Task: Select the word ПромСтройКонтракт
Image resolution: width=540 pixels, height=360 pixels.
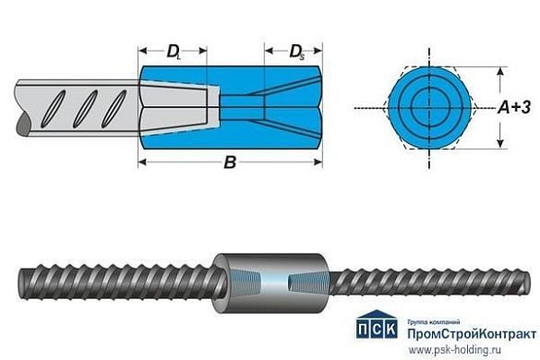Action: [x=467, y=329]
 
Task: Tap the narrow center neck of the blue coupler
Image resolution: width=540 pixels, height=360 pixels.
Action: [x=242, y=107]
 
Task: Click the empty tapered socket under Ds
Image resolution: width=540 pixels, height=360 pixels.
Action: [x=294, y=107]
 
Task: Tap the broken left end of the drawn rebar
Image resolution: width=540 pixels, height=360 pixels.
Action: [x=21, y=108]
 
